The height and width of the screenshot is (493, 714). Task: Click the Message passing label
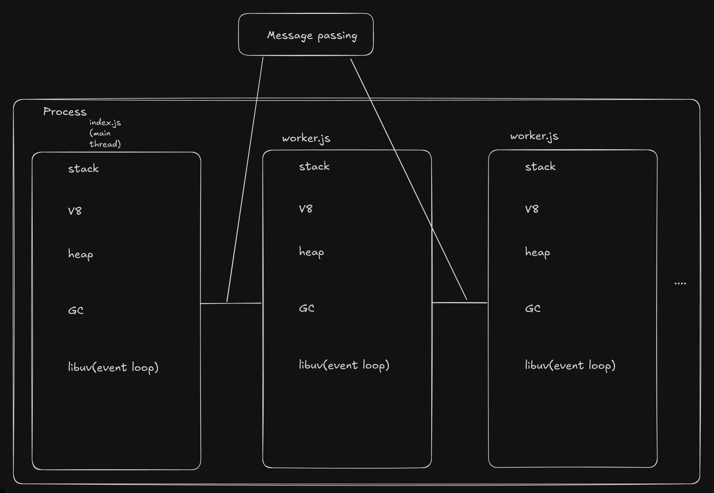point(312,35)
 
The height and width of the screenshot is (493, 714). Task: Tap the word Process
point(65,111)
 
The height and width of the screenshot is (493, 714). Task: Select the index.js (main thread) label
point(105,133)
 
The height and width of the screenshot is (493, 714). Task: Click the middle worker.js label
point(306,138)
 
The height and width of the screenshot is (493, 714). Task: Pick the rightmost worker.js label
point(534,136)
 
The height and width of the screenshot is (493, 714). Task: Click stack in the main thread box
point(83,169)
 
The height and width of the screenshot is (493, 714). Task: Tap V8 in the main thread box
point(75,211)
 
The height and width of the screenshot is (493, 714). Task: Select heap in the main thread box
point(80,254)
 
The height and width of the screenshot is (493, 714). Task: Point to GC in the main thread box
point(76,310)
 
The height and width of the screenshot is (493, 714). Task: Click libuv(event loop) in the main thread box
point(113,367)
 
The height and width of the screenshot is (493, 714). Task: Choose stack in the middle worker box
point(314,167)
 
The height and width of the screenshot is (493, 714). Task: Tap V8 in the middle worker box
point(306,209)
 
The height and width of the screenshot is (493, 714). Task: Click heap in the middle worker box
point(311,252)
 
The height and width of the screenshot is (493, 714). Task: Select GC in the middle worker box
point(307,308)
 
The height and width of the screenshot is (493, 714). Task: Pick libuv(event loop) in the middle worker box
point(344,365)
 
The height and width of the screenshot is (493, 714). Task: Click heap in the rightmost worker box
point(537,252)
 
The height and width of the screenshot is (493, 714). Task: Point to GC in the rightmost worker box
point(533,308)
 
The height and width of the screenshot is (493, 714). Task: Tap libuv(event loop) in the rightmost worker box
point(570,365)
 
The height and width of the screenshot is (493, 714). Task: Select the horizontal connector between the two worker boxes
point(459,303)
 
